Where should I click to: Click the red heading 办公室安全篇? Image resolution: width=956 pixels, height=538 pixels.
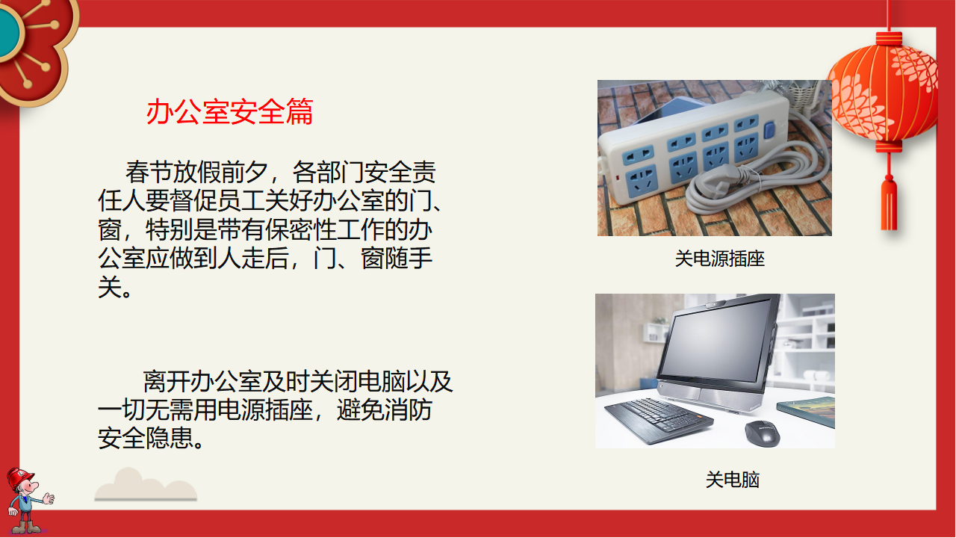click(229, 112)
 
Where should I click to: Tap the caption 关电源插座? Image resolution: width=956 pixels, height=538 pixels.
click(719, 259)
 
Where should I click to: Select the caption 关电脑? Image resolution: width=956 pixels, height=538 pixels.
click(733, 480)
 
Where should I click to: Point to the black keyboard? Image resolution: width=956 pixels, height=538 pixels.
click(659, 420)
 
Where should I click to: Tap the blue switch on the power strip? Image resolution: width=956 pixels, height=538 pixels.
click(769, 130)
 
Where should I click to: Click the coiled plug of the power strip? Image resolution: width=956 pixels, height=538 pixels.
click(721, 182)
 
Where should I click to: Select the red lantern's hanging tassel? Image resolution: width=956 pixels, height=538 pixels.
click(889, 204)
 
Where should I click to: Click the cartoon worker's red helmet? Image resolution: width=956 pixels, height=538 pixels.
click(19, 478)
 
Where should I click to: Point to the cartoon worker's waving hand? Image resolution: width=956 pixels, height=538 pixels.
click(49, 498)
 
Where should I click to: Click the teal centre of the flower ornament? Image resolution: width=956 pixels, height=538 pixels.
click(8, 31)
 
